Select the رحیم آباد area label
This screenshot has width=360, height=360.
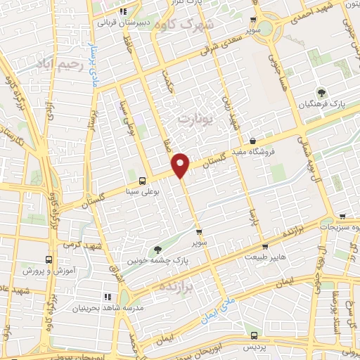point(62,65)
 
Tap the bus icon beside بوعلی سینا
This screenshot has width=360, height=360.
point(143,179)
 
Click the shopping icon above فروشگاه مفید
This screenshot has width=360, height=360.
point(252,141)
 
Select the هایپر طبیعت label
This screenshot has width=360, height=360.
point(264,257)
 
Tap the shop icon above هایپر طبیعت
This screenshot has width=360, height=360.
point(264,247)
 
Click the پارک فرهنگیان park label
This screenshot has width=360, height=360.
point(328,103)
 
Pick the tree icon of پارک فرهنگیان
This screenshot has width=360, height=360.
point(321,91)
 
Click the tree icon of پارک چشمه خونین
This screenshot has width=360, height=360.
point(157,249)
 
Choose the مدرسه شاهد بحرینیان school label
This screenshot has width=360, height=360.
point(109,308)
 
